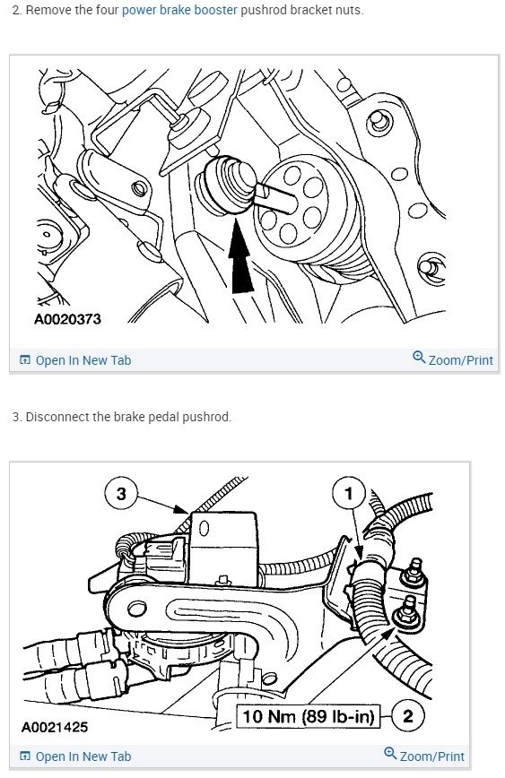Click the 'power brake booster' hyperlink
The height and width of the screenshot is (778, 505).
(x=179, y=10)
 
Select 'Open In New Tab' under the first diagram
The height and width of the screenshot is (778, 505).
(x=83, y=360)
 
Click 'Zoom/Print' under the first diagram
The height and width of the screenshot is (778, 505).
(x=460, y=360)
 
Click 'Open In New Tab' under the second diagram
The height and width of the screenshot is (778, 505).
(x=83, y=756)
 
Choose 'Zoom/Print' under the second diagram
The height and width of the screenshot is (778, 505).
(x=431, y=756)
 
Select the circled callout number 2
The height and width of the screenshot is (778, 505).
(x=409, y=716)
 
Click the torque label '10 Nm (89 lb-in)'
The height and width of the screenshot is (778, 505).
(x=308, y=716)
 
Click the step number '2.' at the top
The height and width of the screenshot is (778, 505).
(x=15, y=10)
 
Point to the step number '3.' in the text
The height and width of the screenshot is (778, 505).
(x=16, y=417)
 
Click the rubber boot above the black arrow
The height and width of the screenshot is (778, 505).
(x=222, y=185)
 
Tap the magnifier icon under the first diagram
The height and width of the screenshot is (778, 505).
(x=418, y=359)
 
